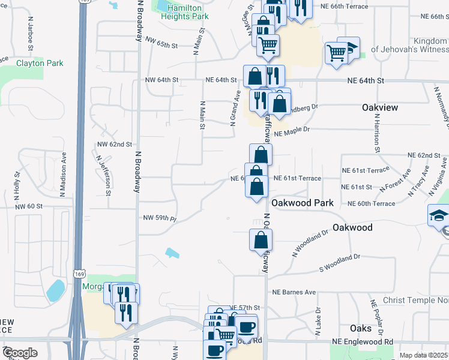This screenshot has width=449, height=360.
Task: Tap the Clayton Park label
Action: pos(39,62)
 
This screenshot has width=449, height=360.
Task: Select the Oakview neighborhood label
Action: pos(380,107)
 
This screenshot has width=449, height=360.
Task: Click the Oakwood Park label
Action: pos(302,203)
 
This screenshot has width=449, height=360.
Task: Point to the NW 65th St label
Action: pos(162,42)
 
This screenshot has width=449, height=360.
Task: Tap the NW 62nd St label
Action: pos(115,145)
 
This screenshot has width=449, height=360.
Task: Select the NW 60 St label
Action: pos(29,206)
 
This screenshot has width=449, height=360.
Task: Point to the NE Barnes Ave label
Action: pos(294,292)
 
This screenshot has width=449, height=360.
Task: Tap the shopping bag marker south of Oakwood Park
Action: pos(261,240)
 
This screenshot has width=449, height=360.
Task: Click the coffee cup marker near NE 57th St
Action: pos(246,326)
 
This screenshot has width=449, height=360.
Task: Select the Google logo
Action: pos(20,353)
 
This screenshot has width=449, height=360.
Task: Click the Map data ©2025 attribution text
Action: pos(424,355)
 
